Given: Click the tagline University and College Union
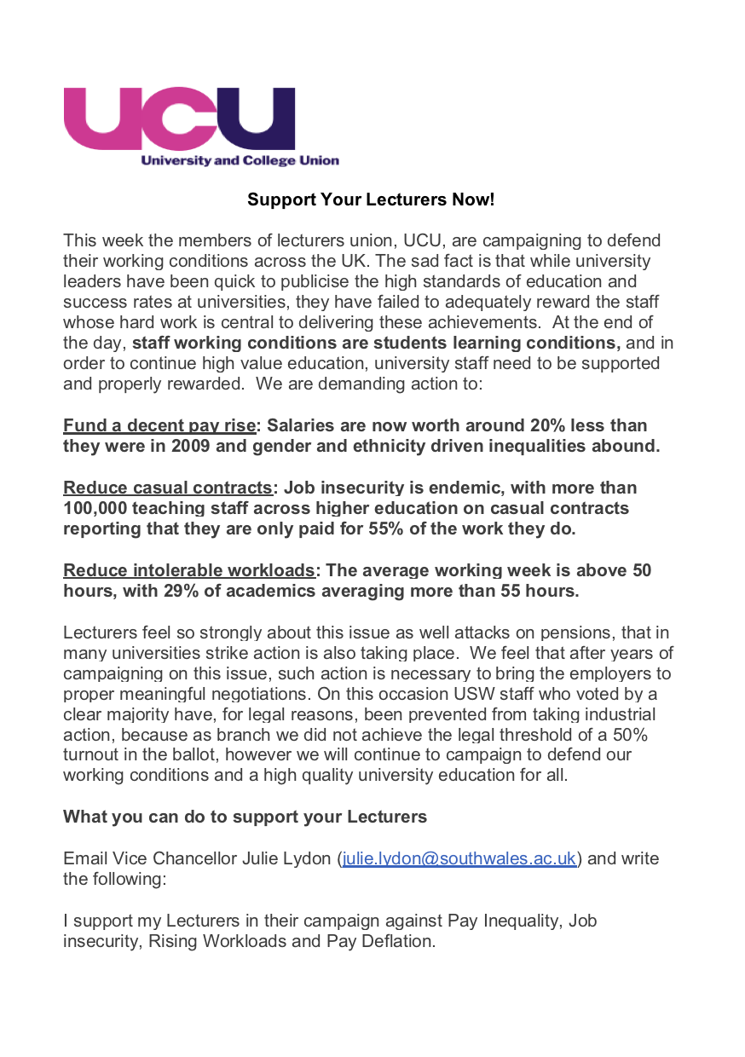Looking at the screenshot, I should pyautogui.click(x=239, y=160).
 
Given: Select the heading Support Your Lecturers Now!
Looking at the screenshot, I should pyautogui.click(x=371, y=199).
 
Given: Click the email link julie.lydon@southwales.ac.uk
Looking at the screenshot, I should pyautogui.click(x=459, y=858).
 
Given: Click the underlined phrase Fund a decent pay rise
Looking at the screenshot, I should pyautogui.click(x=159, y=425).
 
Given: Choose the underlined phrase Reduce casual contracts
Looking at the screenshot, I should pyautogui.click(x=167, y=488).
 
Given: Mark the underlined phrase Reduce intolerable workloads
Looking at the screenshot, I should pyautogui.click(x=189, y=570).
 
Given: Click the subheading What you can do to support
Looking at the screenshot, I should pyautogui.click(x=245, y=817).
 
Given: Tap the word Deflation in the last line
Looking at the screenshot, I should pyautogui.click(x=400, y=941).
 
